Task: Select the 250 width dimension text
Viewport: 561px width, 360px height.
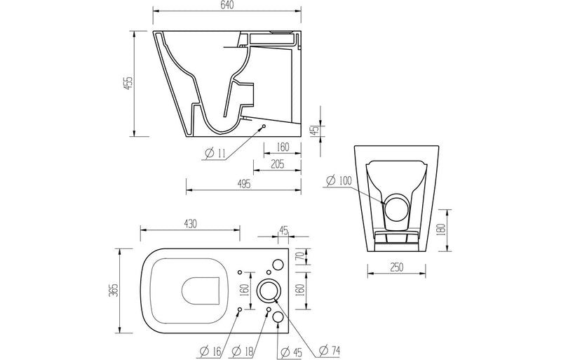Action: (397, 268)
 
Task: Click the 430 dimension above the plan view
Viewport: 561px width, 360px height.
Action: (190, 223)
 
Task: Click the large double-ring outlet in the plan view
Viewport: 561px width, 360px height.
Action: (269, 290)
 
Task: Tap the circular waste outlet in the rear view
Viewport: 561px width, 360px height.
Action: (396, 209)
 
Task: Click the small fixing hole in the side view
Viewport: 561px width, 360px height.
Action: (263, 127)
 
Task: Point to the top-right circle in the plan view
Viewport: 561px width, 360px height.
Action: (278, 265)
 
